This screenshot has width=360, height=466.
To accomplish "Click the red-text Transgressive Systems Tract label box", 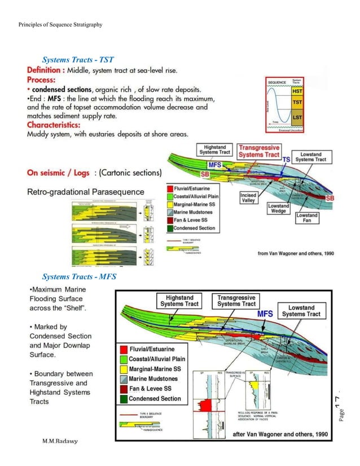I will (x=258, y=151).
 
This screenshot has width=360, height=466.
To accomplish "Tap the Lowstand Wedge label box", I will (x=279, y=209).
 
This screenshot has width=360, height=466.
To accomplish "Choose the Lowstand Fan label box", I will (x=307, y=218).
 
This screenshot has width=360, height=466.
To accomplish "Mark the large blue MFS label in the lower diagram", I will (x=265, y=314).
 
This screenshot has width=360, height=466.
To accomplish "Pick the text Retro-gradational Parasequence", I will (x=86, y=192).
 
